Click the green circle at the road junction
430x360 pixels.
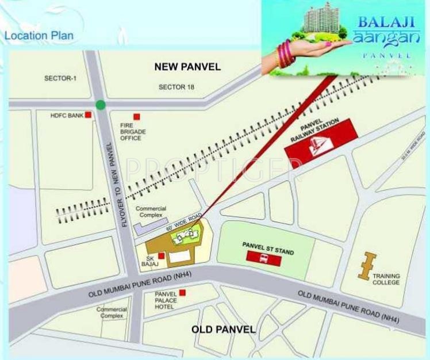(x=101, y=105)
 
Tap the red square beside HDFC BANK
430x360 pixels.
(x=88, y=115)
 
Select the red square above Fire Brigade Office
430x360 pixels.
(x=136, y=116)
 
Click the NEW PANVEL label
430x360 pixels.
(x=187, y=67)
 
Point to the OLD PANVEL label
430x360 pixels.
(x=223, y=329)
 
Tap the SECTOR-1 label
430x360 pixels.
(x=60, y=77)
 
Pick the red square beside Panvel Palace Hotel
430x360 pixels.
(x=182, y=293)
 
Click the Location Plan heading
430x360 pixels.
(x=39, y=36)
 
